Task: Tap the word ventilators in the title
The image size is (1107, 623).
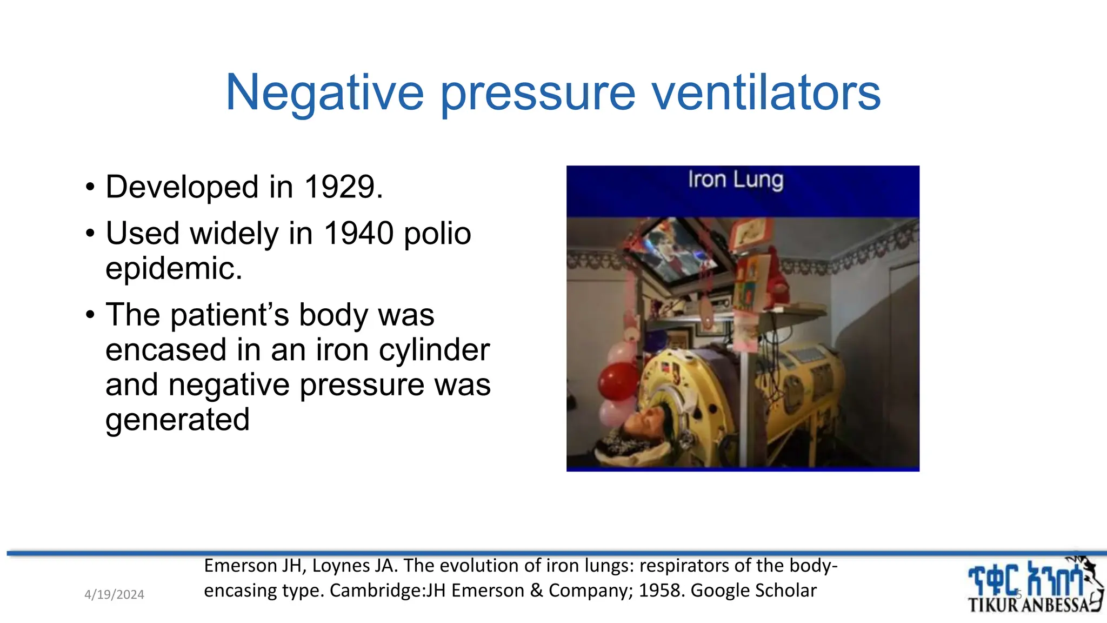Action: [x=766, y=93]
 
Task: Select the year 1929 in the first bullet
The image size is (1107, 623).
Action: [x=339, y=187]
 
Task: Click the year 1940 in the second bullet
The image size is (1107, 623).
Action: [x=358, y=234]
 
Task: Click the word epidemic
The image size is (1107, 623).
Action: [x=174, y=269]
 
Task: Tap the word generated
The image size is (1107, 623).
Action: [x=177, y=420]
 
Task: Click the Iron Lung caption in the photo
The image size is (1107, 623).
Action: [x=735, y=180]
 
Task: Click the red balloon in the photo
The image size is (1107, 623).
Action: [x=618, y=381]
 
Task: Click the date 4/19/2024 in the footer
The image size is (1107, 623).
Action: [x=114, y=595]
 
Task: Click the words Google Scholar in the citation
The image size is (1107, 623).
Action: [x=753, y=591]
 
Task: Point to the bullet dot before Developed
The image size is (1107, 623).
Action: [x=90, y=188]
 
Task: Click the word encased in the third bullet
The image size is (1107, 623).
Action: [x=166, y=350]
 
